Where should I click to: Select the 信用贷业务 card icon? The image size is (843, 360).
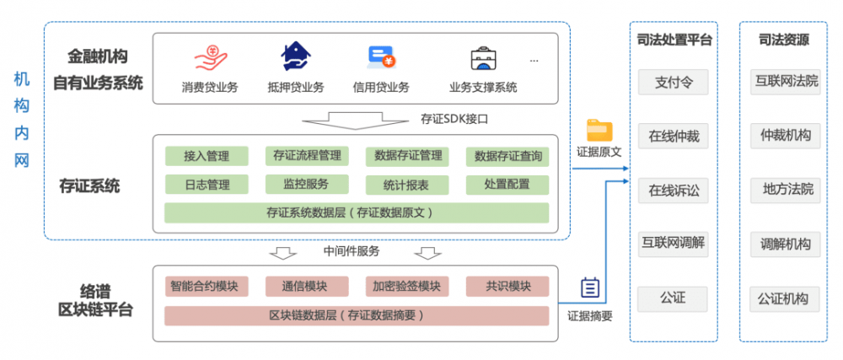(381, 57)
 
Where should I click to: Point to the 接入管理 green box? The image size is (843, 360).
(207, 156)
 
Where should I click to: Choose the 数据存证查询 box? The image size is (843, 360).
(507, 156)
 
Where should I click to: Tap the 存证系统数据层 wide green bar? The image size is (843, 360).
(356, 212)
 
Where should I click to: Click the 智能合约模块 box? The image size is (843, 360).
(206, 287)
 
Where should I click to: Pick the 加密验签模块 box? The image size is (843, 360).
(407, 287)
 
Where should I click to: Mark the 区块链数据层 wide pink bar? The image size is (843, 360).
(356, 316)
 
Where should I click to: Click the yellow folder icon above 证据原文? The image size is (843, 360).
(599, 131)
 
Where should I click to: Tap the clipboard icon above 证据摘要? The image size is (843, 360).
(590, 288)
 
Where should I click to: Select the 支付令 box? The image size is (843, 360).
(673, 83)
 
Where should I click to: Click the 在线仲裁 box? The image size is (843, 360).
(673, 136)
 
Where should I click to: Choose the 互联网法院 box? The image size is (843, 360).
(785, 83)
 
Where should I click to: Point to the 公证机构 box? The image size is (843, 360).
(785, 298)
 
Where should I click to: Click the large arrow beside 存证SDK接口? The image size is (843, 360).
(359, 119)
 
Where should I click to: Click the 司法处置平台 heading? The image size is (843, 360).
(673, 39)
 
